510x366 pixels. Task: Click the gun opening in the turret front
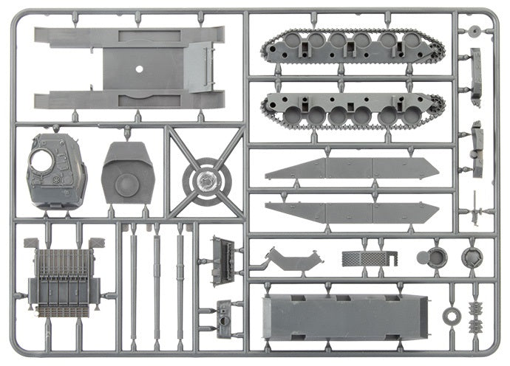coord(41,158)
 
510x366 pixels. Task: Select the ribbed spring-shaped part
coord(475,315)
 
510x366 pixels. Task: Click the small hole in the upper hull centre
coord(137,68)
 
